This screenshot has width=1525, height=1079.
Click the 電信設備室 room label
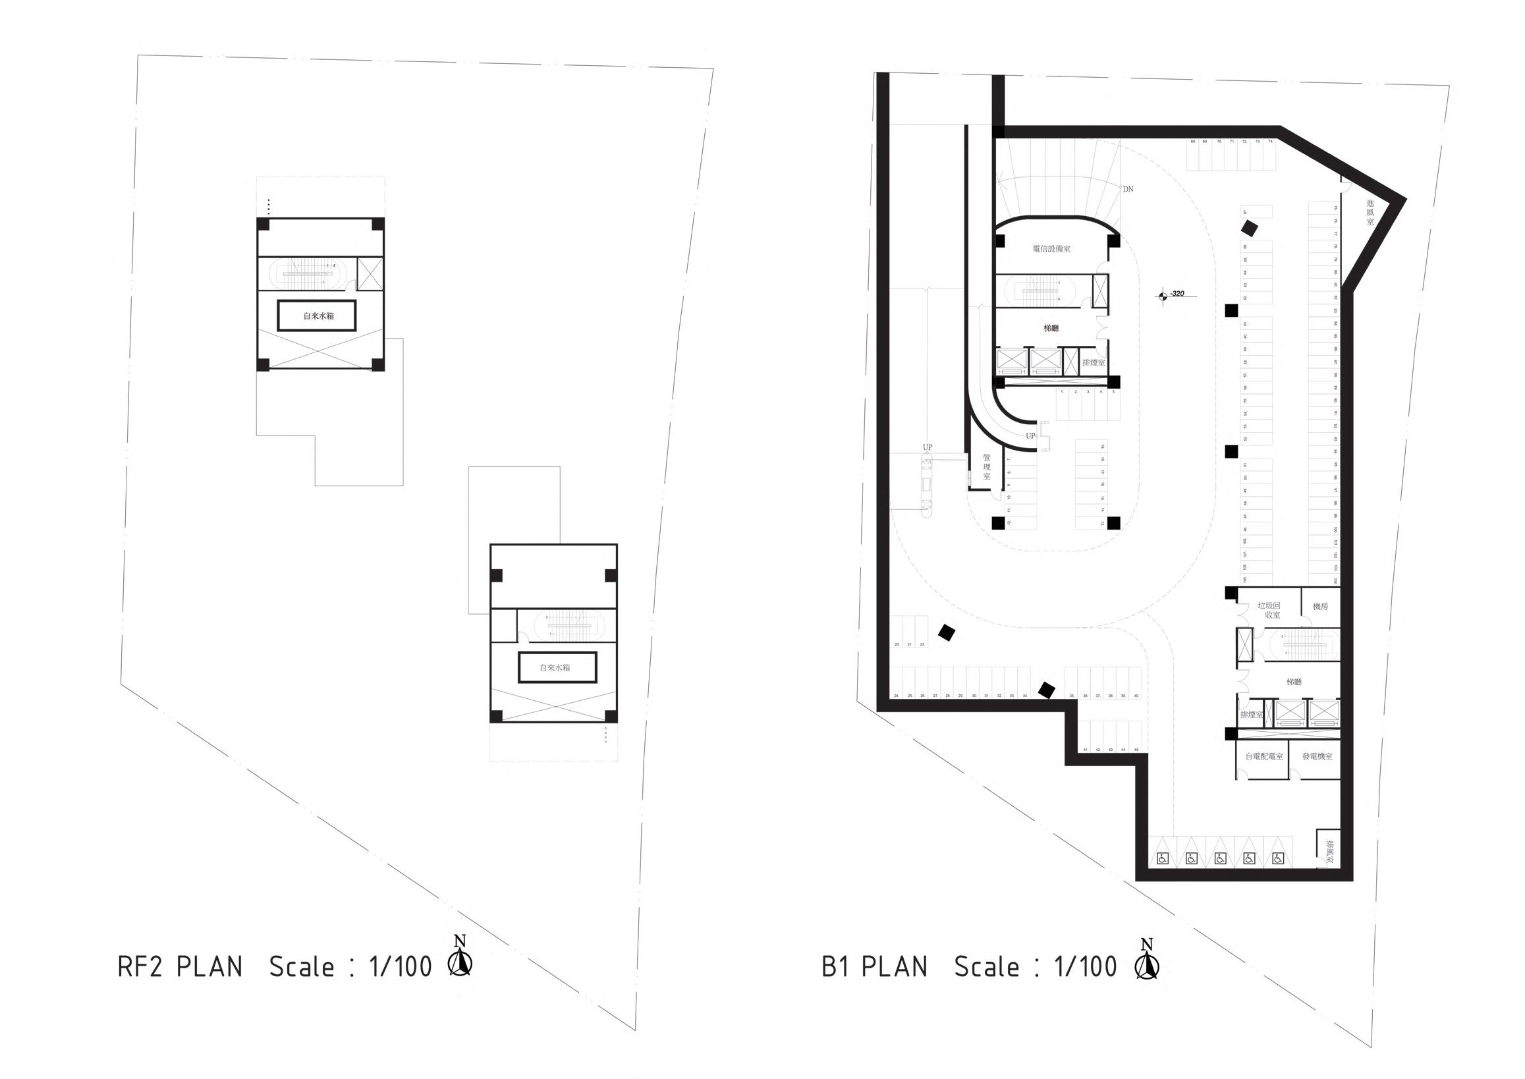point(1051,249)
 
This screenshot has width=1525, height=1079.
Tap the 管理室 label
point(986,467)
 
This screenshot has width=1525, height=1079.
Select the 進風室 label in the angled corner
point(1370,213)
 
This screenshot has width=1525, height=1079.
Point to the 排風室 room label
point(1329,851)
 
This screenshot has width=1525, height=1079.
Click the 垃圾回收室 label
point(1268,611)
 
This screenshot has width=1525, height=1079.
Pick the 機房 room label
point(1320,607)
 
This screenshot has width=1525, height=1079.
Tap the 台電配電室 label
point(1263,756)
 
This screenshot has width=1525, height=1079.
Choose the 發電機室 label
point(1317,756)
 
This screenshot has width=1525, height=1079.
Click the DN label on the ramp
point(1128,189)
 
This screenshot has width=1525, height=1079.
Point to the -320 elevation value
point(1177,293)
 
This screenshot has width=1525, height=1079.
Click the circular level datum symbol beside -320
point(1161,296)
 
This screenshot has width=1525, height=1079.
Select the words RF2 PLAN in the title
point(180,968)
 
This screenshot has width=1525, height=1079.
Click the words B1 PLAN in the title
point(874,968)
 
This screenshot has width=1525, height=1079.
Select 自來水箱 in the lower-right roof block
point(555,668)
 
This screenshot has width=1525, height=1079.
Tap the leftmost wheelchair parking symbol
point(1163,858)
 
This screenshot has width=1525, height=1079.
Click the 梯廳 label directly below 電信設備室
point(1051,328)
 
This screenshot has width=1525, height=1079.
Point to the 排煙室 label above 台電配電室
point(1250,715)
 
